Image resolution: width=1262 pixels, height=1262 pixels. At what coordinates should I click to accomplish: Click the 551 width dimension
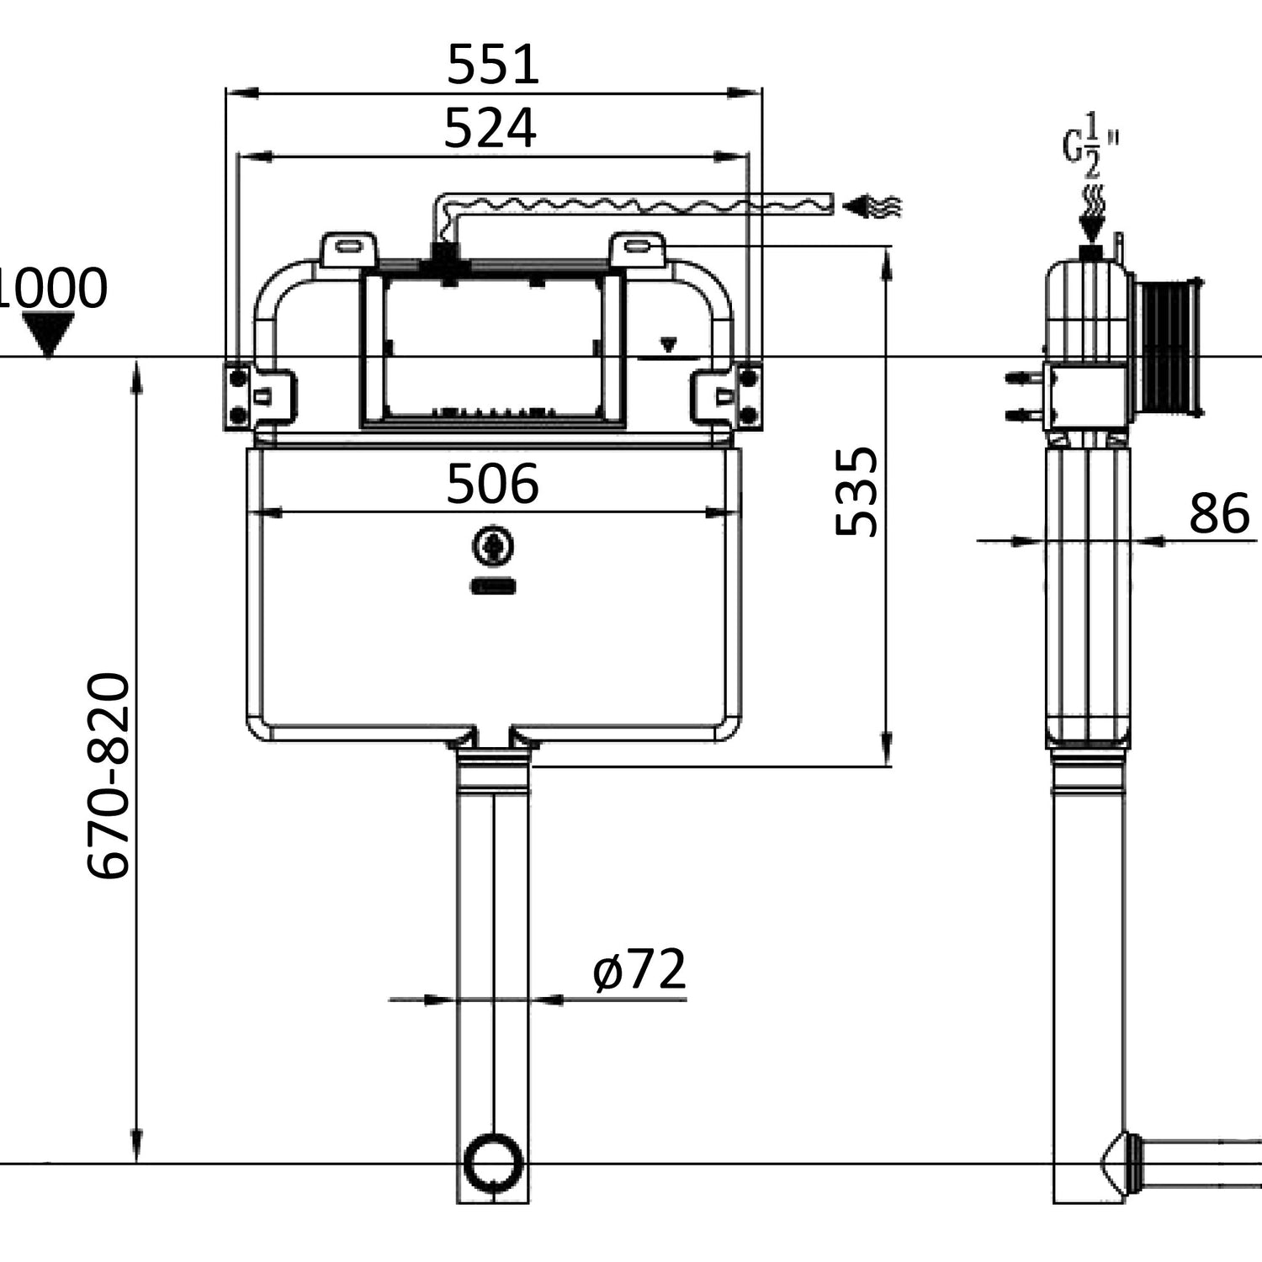(x=493, y=65)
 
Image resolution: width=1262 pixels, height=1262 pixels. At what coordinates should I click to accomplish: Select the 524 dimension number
(x=490, y=129)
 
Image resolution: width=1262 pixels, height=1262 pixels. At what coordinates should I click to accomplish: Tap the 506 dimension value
(x=492, y=484)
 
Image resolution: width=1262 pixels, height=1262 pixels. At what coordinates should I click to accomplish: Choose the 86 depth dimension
(x=1219, y=512)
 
